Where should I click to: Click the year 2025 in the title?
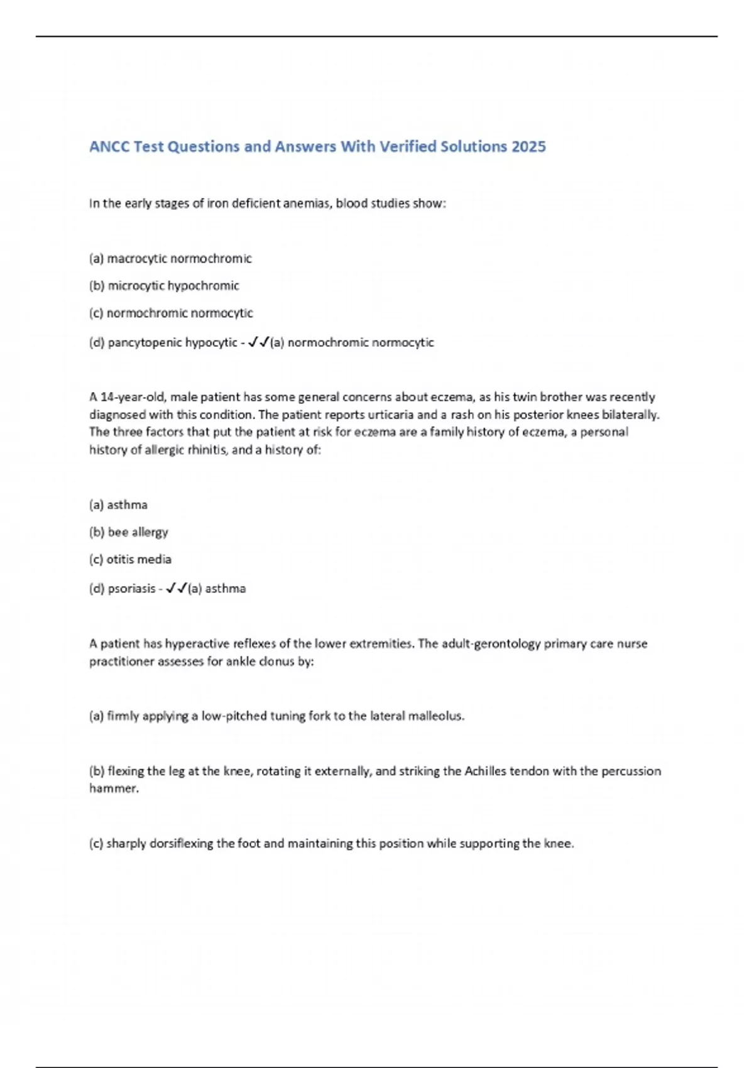click(x=528, y=146)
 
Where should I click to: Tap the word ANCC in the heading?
click(x=109, y=146)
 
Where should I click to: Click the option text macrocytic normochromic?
click(x=179, y=258)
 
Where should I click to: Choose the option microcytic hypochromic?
click(x=173, y=286)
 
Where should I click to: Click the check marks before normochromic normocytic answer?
click(x=259, y=342)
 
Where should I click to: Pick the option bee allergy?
click(x=138, y=532)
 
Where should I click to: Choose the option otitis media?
click(x=139, y=559)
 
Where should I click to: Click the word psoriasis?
click(x=131, y=589)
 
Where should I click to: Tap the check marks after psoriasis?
click(x=177, y=589)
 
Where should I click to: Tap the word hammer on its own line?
click(x=114, y=788)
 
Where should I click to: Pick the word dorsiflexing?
click(x=182, y=844)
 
